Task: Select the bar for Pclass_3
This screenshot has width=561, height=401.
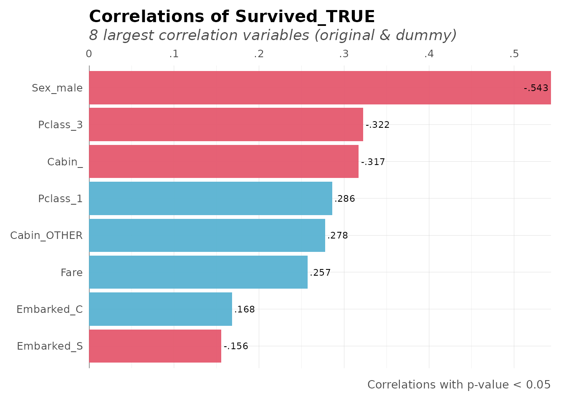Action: click(x=226, y=124)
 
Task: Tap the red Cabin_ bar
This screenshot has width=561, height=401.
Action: click(x=223, y=161)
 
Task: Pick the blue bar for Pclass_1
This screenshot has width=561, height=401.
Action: click(x=210, y=198)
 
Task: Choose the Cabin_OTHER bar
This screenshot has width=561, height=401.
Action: click(x=207, y=235)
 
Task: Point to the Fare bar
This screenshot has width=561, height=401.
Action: click(x=198, y=272)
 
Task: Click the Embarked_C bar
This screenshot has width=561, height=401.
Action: click(x=160, y=309)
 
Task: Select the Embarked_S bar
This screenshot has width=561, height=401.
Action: click(x=155, y=346)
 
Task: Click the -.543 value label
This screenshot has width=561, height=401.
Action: click(x=536, y=88)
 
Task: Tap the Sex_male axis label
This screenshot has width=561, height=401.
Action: click(x=57, y=88)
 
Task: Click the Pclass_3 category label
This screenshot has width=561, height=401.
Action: click(x=60, y=125)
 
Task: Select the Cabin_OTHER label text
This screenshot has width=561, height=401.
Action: click(x=46, y=236)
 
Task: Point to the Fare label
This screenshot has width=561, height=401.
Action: click(x=71, y=272)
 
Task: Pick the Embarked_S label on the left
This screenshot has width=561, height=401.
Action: click(x=50, y=346)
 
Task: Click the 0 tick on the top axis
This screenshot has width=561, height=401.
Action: click(x=89, y=54)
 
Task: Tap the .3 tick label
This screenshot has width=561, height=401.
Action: click(x=344, y=54)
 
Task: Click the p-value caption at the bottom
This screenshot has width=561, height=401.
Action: click(x=458, y=385)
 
